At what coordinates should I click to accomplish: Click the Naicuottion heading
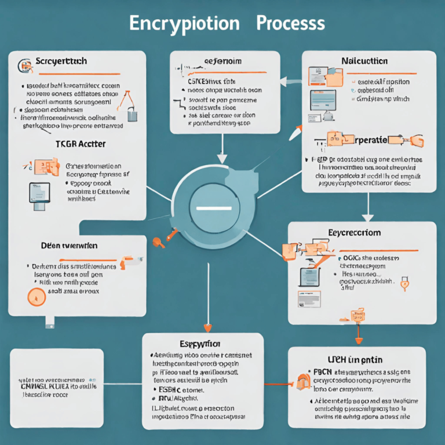click(x=365, y=61)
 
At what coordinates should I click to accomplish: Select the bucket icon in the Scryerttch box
click(x=132, y=114)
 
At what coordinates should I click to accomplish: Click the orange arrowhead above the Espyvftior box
click(x=207, y=327)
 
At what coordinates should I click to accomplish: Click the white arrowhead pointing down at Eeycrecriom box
click(x=369, y=217)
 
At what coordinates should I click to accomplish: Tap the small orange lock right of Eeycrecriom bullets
click(x=404, y=284)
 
